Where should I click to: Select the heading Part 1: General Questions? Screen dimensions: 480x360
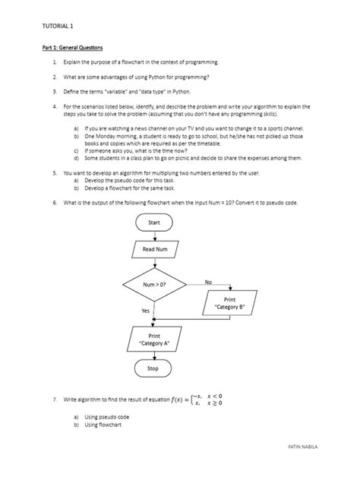coord(72,48)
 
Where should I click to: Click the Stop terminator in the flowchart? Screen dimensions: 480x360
coord(153,369)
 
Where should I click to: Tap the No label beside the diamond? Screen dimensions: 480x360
coord(209,283)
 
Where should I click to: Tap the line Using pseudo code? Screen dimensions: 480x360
coord(103,418)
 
